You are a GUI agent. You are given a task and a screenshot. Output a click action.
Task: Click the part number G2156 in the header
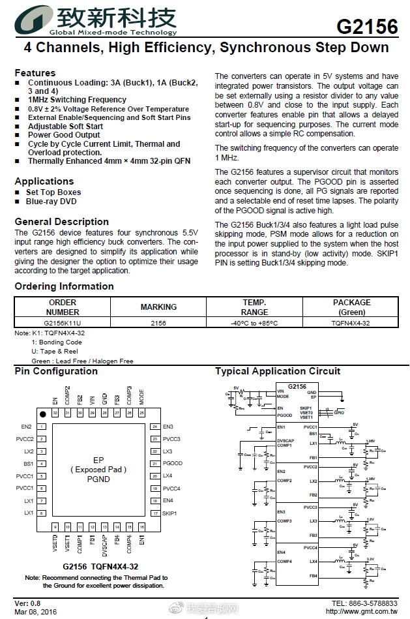point(367,27)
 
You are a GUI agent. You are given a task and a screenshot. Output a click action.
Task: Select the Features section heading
point(35,73)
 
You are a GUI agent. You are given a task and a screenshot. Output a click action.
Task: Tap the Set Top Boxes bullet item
point(53,192)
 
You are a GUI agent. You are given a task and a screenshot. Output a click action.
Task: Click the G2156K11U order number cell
point(63,323)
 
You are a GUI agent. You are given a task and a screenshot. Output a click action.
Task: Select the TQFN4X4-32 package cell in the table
point(351,323)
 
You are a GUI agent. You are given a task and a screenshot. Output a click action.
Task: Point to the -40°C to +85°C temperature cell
point(254,323)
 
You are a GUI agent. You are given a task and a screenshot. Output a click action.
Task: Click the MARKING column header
point(158,307)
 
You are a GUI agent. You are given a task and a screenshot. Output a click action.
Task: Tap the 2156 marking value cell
point(158,323)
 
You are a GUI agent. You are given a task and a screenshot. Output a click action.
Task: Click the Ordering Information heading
point(64,286)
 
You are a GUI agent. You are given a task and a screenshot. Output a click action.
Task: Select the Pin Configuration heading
point(56,371)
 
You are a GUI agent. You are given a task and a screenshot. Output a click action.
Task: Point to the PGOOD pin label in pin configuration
point(172,464)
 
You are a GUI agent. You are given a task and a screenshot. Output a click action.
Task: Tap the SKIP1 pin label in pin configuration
point(169,513)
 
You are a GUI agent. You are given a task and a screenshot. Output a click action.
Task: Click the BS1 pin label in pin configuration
point(29,464)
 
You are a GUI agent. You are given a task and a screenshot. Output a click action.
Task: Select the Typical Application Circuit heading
point(278,371)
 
